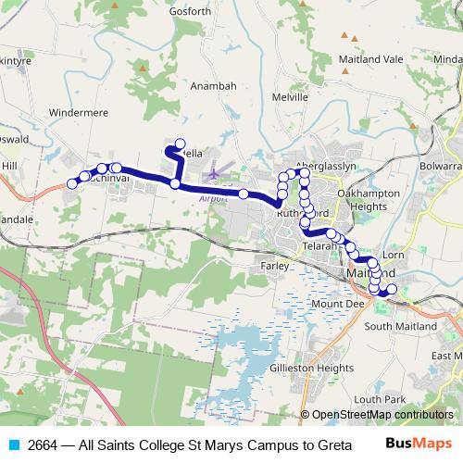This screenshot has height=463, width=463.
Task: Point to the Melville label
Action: coord(290,96)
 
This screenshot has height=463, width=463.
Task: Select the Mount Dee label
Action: coord(334,304)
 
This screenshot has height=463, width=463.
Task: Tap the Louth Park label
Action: coord(373,397)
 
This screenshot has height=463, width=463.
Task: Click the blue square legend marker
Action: coord(14,445)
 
